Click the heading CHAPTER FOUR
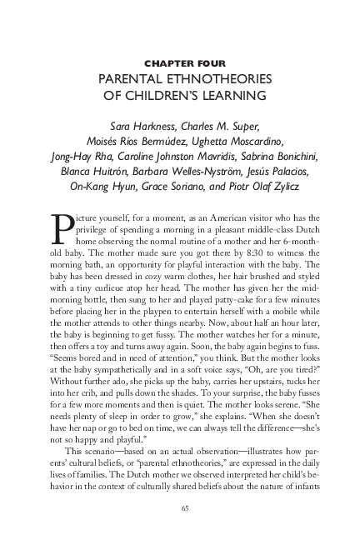[180, 62]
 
